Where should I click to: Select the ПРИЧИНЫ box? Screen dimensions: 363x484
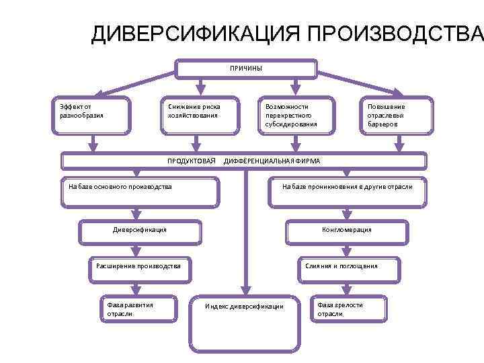[x=246, y=69]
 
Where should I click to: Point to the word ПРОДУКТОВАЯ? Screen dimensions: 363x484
[x=191, y=161]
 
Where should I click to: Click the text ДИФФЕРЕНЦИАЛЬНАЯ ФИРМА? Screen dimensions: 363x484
[x=272, y=161]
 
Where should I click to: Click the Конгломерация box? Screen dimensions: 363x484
[x=347, y=231]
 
